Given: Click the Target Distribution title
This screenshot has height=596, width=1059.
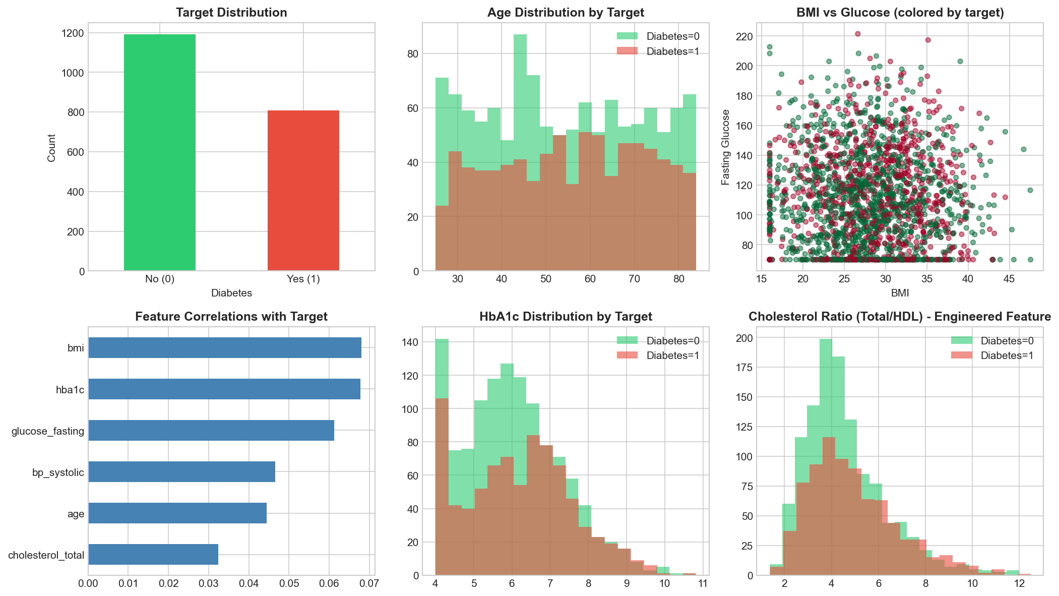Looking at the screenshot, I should point(231,13).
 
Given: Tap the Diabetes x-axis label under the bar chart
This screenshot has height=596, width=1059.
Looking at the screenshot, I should point(231,293).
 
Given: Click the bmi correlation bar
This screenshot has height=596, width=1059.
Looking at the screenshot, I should point(225,347).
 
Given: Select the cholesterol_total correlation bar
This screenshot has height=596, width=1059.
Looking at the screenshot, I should point(153,554).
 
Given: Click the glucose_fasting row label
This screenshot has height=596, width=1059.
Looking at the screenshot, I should point(48,431).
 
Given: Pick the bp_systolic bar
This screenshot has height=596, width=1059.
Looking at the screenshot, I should point(181,471).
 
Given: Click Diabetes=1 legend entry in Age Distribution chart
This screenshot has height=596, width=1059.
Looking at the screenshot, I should point(658,51).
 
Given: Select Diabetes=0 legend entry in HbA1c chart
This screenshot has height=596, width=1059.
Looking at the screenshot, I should point(658,341).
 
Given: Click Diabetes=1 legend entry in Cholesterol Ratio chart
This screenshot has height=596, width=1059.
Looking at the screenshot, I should point(992,355).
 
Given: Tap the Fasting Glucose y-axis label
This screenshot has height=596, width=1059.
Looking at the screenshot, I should point(726,147).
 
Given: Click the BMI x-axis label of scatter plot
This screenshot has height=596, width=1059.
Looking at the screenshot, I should point(900,293).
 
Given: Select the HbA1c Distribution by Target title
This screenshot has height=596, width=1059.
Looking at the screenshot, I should point(566,317).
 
